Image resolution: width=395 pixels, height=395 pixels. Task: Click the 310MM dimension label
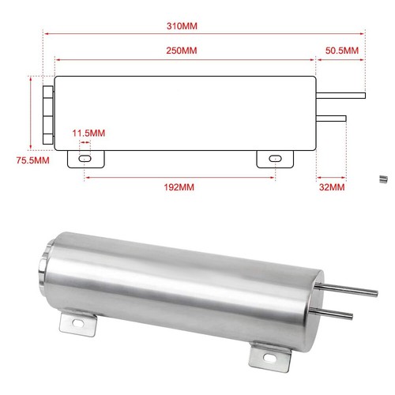click(x=182, y=26)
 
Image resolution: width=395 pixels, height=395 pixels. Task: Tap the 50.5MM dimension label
click(x=342, y=51)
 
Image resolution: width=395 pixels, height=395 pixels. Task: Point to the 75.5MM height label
click(x=32, y=160)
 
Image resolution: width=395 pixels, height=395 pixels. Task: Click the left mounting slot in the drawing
click(x=85, y=159)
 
